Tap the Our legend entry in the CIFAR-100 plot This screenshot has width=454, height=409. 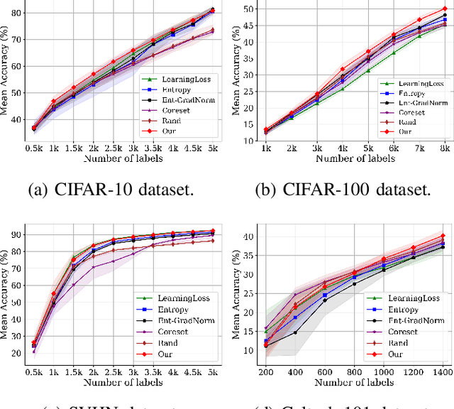point(406,131)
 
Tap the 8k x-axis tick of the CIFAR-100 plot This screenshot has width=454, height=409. point(443,148)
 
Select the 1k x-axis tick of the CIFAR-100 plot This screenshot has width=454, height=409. point(265,148)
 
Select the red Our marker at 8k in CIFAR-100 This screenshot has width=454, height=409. point(443,9)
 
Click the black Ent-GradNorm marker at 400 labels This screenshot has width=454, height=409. point(294,332)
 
